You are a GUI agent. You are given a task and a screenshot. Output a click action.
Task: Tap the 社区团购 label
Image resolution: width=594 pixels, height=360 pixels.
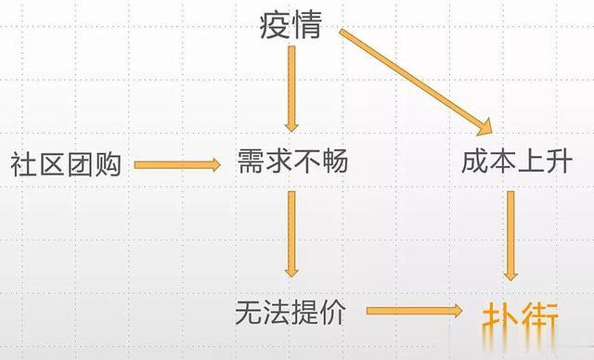pyautogui.click(x=65, y=165)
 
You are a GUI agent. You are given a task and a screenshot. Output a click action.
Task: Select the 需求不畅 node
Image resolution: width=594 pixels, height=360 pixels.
pyautogui.click(x=292, y=163)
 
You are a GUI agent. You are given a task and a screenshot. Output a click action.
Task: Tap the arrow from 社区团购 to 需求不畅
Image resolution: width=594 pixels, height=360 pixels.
pyautogui.click(x=177, y=165)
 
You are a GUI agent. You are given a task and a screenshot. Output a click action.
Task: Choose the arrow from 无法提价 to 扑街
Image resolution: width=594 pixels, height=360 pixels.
pyautogui.click(x=413, y=313)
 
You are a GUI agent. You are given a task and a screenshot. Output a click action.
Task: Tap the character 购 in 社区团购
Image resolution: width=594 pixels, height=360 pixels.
pyautogui.click(x=107, y=165)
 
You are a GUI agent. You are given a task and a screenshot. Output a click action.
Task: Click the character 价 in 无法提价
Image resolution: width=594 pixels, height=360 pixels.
pyautogui.click(x=333, y=312)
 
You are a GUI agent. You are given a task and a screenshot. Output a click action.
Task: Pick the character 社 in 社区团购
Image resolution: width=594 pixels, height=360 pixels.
pyautogui.click(x=23, y=165)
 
